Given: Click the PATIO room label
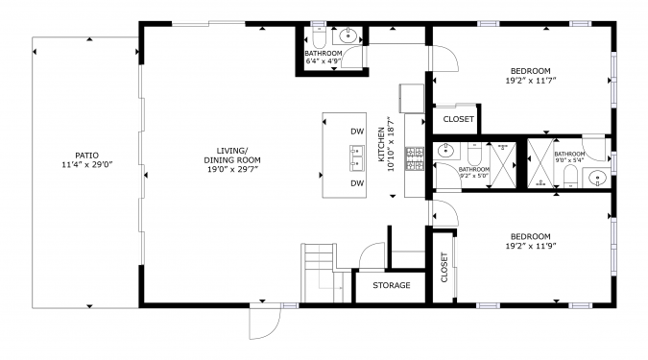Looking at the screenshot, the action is click(x=86, y=156).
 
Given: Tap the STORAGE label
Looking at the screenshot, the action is click(x=392, y=285).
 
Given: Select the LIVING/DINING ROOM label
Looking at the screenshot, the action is click(x=232, y=155).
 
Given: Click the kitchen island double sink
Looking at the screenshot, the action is click(x=357, y=157).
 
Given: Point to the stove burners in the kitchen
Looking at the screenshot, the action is click(x=415, y=158).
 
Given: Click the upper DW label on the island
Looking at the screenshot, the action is click(x=357, y=132).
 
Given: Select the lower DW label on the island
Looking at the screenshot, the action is click(x=357, y=183).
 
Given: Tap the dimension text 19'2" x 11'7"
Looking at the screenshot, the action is click(x=531, y=81).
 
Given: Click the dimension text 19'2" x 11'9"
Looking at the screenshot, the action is click(x=531, y=247).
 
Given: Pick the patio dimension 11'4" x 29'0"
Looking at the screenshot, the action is click(x=87, y=165).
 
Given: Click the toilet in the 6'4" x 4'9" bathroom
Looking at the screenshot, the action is click(x=319, y=37).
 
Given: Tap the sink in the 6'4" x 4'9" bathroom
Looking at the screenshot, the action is click(x=348, y=36).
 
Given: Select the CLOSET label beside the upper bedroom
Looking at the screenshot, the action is click(x=458, y=119).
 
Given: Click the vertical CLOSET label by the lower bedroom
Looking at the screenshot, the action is click(x=444, y=268).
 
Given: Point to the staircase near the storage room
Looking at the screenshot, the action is click(x=323, y=273).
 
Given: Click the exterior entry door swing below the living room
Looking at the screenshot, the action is click(x=265, y=322).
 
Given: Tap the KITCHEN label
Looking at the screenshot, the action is click(x=381, y=144).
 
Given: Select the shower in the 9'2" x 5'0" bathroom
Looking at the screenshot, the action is click(x=502, y=164).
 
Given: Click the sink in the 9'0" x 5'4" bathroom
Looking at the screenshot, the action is click(x=597, y=178).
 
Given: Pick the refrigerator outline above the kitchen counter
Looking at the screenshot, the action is click(x=412, y=98).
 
